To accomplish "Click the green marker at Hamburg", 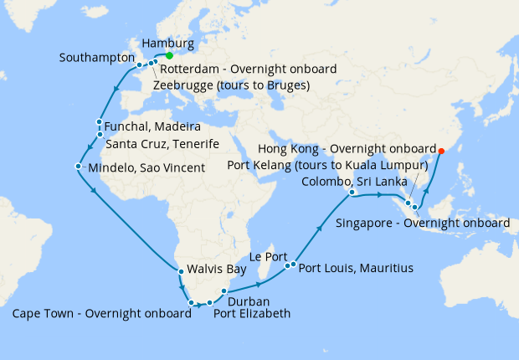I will [x=169, y=55].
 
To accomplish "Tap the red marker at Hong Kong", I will [x=442, y=151].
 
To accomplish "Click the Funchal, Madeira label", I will [x=153, y=126].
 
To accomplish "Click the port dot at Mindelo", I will [x=78, y=167].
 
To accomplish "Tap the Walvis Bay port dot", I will [x=180, y=270].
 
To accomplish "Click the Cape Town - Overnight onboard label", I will [x=102, y=315].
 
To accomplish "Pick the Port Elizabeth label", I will [x=252, y=315].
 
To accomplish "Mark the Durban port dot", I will [x=224, y=291].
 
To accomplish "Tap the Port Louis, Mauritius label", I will [x=356, y=269].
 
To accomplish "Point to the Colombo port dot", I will [x=352, y=193].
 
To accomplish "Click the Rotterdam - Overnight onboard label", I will [x=248, y=69].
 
